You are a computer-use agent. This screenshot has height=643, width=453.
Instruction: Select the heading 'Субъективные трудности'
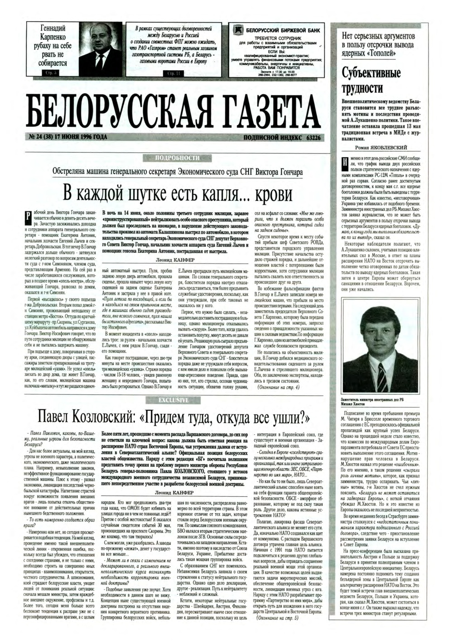[365, 80]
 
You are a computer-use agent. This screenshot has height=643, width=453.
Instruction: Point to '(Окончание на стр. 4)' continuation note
[278, 387]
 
